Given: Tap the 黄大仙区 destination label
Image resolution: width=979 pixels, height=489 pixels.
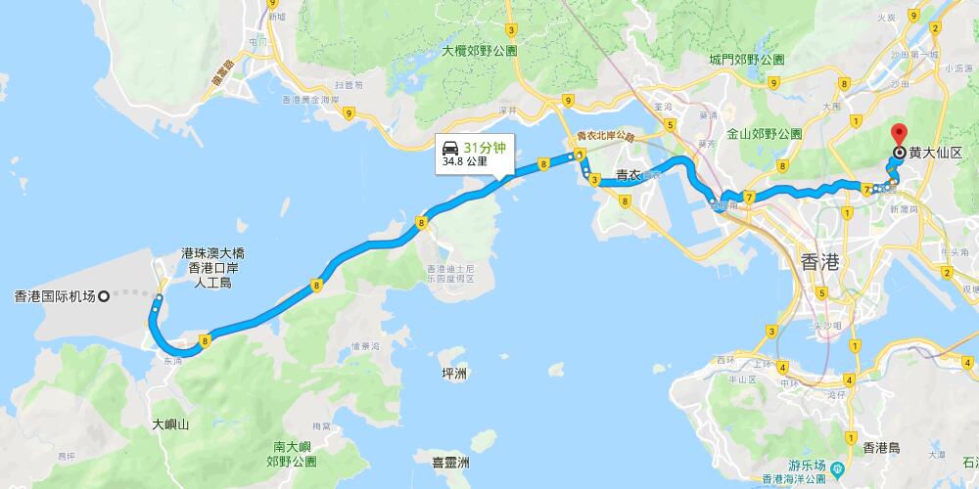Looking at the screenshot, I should pyautogui.click(x=936, y=153).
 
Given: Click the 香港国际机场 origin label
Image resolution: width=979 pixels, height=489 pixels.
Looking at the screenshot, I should pyautogui.click(x=55, y=295).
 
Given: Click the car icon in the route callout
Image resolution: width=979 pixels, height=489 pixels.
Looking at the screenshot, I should pyautogui.click(x=451, y=149).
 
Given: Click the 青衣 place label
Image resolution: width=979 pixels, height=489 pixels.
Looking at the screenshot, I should pyautogui.click(x=629, y=177).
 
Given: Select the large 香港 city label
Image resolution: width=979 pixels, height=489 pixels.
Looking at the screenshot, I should pyautogui.click(x=820, y=262).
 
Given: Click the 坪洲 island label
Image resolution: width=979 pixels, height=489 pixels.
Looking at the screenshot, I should pyautogui.click(x=453, y=374).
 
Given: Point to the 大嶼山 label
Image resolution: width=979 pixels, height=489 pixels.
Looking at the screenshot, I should pyautogui.click(x=170, y=425).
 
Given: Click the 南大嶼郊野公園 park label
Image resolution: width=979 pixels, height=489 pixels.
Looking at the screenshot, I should pyautogui.click(x=291, y=453).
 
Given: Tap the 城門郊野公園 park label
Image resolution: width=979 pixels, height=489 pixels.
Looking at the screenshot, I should pyautogui.click(x=747, y=59).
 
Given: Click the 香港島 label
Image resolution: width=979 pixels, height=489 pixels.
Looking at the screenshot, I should pyautogui.click(x=888, y=447).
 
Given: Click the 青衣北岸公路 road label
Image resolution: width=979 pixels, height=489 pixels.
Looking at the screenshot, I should pyautogui.click(x=605, y=137).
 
